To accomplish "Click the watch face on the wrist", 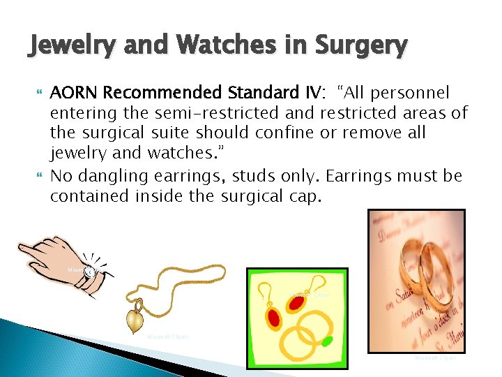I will pyautogui.click(x=89, y=273).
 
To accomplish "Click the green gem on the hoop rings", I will pyautogui.click(x=326, y=342).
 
